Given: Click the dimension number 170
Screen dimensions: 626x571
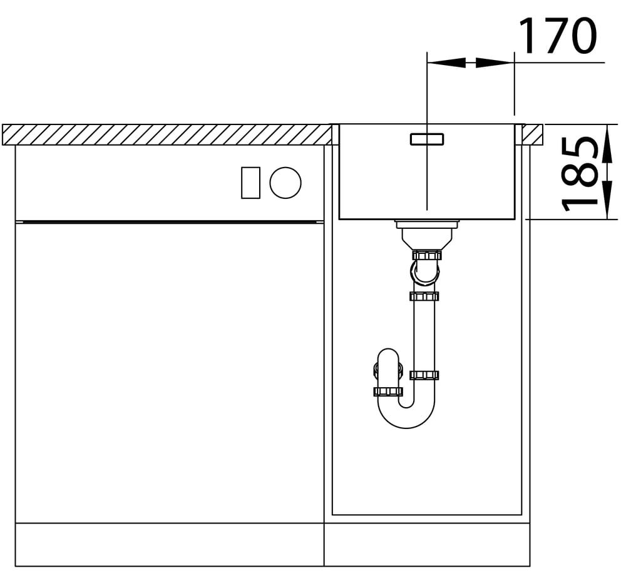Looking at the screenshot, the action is pyautogui.click(x=558, y=36).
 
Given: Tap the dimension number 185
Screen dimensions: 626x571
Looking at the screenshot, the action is pyautogui.click(x=580, y=174).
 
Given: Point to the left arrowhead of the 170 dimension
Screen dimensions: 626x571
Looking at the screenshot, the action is pyautogui.click(x=446, y=63).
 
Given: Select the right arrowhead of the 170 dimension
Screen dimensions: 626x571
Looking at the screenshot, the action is pyautogui.click(x=495, y=63).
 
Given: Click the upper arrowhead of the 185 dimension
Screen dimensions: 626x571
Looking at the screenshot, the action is pyautogui.click(x=607, y=144).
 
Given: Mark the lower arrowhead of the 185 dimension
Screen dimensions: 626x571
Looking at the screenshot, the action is pyautogui.click(x=607, y=200).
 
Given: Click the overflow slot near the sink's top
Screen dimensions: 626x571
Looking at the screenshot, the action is pyautogui.click(x=427, y=139).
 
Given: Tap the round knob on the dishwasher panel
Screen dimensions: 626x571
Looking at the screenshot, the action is pyautogui.click(x=285, y=182).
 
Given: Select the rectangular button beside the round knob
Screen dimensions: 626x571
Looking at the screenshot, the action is pyautogui.click(x=251, y=183).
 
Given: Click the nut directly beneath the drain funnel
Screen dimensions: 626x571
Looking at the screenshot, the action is pyautogui.click(x=427, y=255).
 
